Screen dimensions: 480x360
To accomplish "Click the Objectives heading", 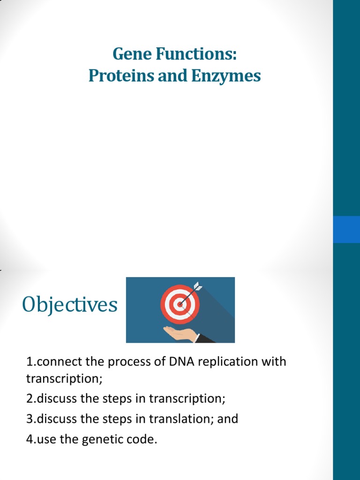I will tap(69, 305).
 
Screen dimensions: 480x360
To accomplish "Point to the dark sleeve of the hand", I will tap(205, 338).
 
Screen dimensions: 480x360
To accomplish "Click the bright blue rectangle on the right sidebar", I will tap(346, 229).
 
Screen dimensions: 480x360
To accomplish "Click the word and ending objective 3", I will tap(228, 419).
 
